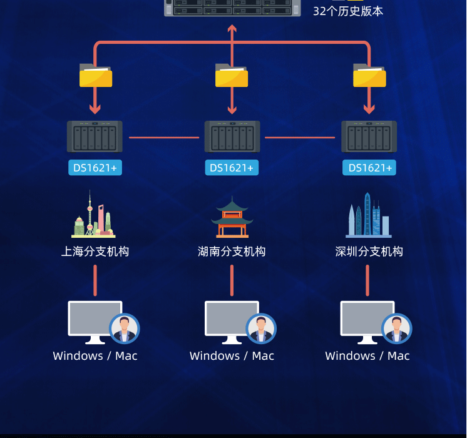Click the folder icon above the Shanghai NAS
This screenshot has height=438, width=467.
click(96, 76)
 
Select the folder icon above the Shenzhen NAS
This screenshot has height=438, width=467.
click(369, 76)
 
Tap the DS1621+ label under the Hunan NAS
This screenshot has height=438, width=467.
click(232, 168)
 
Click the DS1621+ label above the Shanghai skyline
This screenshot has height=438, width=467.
click(95, 168)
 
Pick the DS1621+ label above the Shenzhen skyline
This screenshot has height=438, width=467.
click(369, 168)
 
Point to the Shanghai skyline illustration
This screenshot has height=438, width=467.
click(93, 215)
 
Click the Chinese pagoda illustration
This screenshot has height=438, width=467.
click(232, 217)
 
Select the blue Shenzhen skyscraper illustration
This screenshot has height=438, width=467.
click(369, 216)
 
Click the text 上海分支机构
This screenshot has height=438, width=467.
click(95, 252)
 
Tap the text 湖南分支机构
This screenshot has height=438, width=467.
click(232, 252)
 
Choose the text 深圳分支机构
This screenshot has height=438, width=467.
click(369, 252)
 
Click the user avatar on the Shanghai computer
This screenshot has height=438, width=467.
click(125, 328)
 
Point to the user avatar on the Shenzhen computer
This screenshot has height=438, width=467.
click(397, 328)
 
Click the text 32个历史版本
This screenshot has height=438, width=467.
click(348, 11)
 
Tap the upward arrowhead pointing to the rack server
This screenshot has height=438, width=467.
click(232, 29)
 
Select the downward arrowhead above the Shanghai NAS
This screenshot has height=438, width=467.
click(95, 109)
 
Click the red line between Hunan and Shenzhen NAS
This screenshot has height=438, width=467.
click(300, 138)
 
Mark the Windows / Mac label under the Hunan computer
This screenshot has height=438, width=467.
click(232, 356)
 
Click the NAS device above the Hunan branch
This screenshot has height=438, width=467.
click(232, 136)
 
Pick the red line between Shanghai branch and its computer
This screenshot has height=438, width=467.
click(95, 280)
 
